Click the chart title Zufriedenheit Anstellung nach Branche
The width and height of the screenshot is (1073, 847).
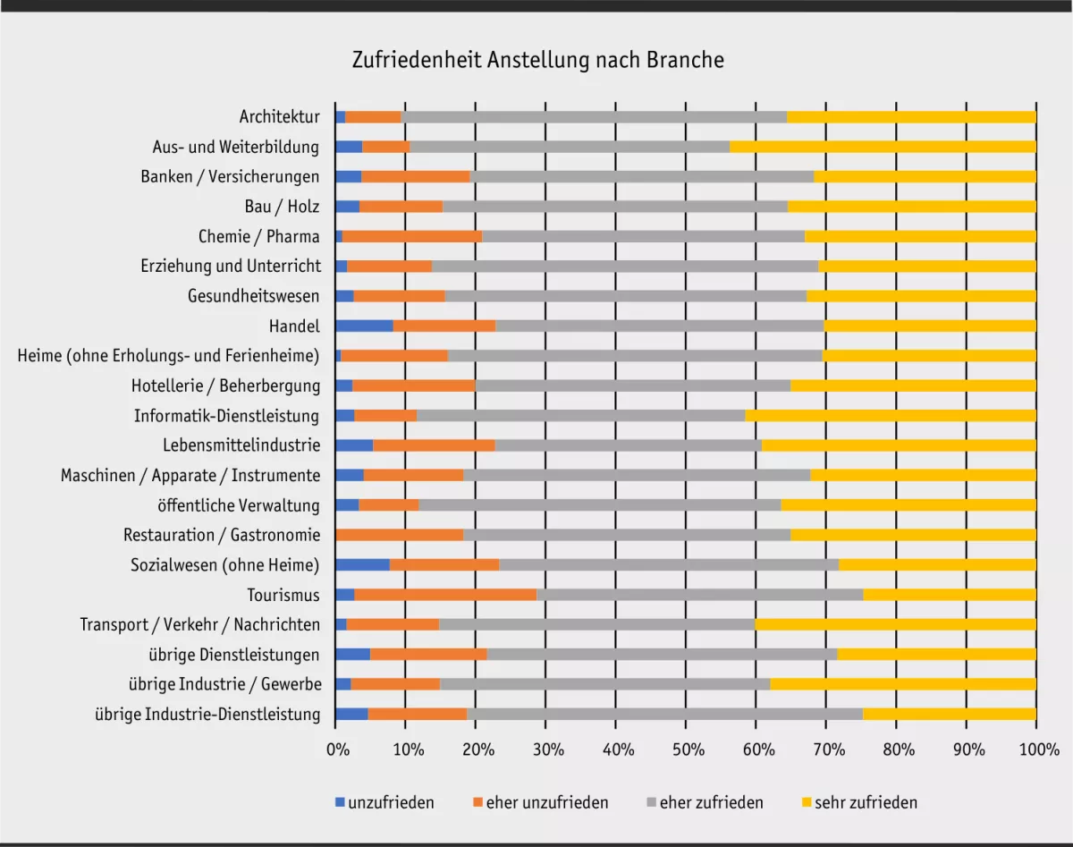click(537, 60)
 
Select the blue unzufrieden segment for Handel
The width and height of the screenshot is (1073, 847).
click(364, 326)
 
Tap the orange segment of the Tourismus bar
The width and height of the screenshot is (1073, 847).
click(445, 595)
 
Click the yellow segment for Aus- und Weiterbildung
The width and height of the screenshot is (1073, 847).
click(883, 147)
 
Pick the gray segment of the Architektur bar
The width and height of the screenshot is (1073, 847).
click(594, 116)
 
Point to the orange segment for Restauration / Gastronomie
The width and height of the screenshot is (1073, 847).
click(399, 535)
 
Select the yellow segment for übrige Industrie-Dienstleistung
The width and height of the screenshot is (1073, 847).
click(949, 714)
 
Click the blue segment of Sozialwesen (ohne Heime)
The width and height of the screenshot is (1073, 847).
click(362, 564)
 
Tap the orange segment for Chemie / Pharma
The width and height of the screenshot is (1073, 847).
click(412, 236)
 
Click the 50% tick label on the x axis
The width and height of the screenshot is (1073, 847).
click(687, 750)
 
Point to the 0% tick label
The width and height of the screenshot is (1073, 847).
click(336, 750)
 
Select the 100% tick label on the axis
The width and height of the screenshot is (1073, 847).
click(1036, 750)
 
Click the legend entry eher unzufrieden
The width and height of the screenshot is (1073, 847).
click(546, 802)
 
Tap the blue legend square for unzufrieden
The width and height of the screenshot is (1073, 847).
click(340, 802)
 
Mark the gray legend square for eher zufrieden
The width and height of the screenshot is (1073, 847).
click(651, 802)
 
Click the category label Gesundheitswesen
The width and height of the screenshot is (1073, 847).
click(253, 296)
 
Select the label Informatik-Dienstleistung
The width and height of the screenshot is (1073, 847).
click(226, 415)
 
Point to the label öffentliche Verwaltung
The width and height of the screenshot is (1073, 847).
click(238, 505)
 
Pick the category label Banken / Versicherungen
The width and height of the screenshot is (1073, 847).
click(230, 176)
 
